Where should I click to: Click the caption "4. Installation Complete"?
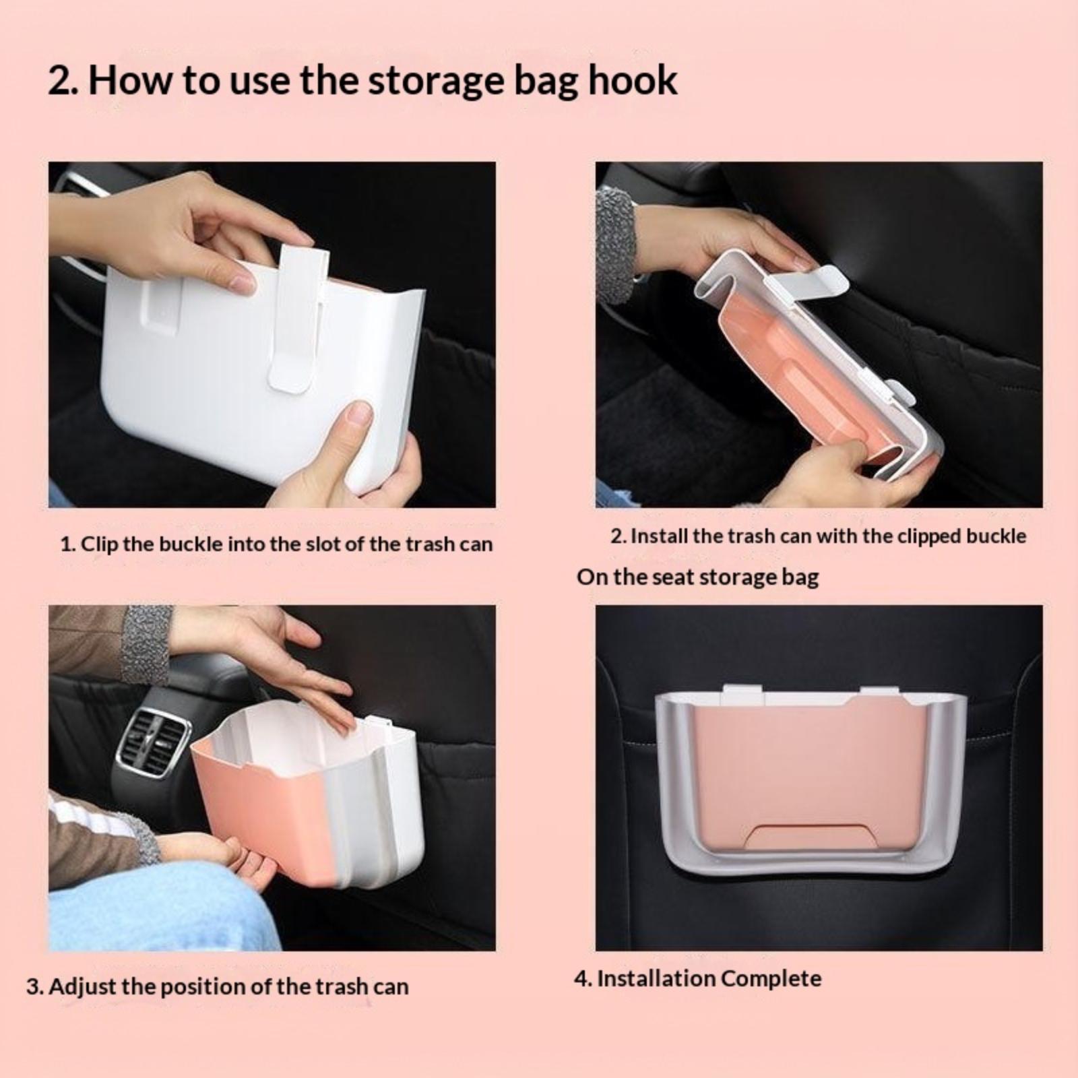pyautogui.click(x=698, y=978)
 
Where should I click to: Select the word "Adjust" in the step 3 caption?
pyautogui.click(x=83, y=987)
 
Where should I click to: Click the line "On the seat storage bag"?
pyautogui.click(x=698, y=577)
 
